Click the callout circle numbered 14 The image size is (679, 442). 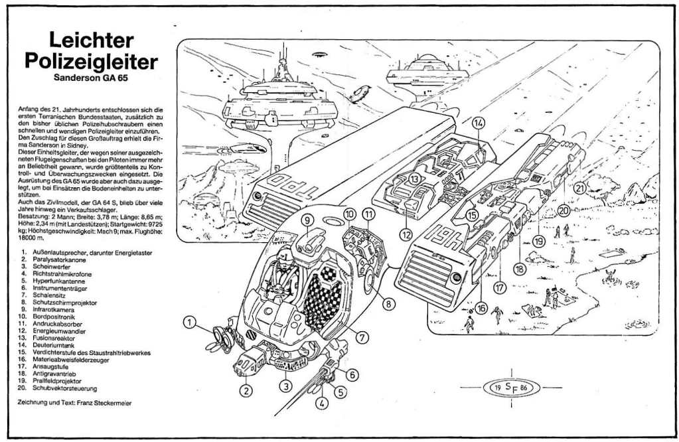pyautogui.click(x=479, y=122)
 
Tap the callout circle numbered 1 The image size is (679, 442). pyautogui.click(x=190, y=323)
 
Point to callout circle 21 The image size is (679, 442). pyautogui.click(x=579, y=188)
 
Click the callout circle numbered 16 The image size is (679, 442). pyautogui.click(x=481, y=308)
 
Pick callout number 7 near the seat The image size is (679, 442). pyautogui.click(x=362, y=337)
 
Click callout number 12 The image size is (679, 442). pyautogui.click(x=406, y=234)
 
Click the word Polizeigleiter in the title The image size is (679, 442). pyautogui.click(x=91, y=61)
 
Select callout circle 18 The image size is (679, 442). pyautogui.click(x=519, y=269)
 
